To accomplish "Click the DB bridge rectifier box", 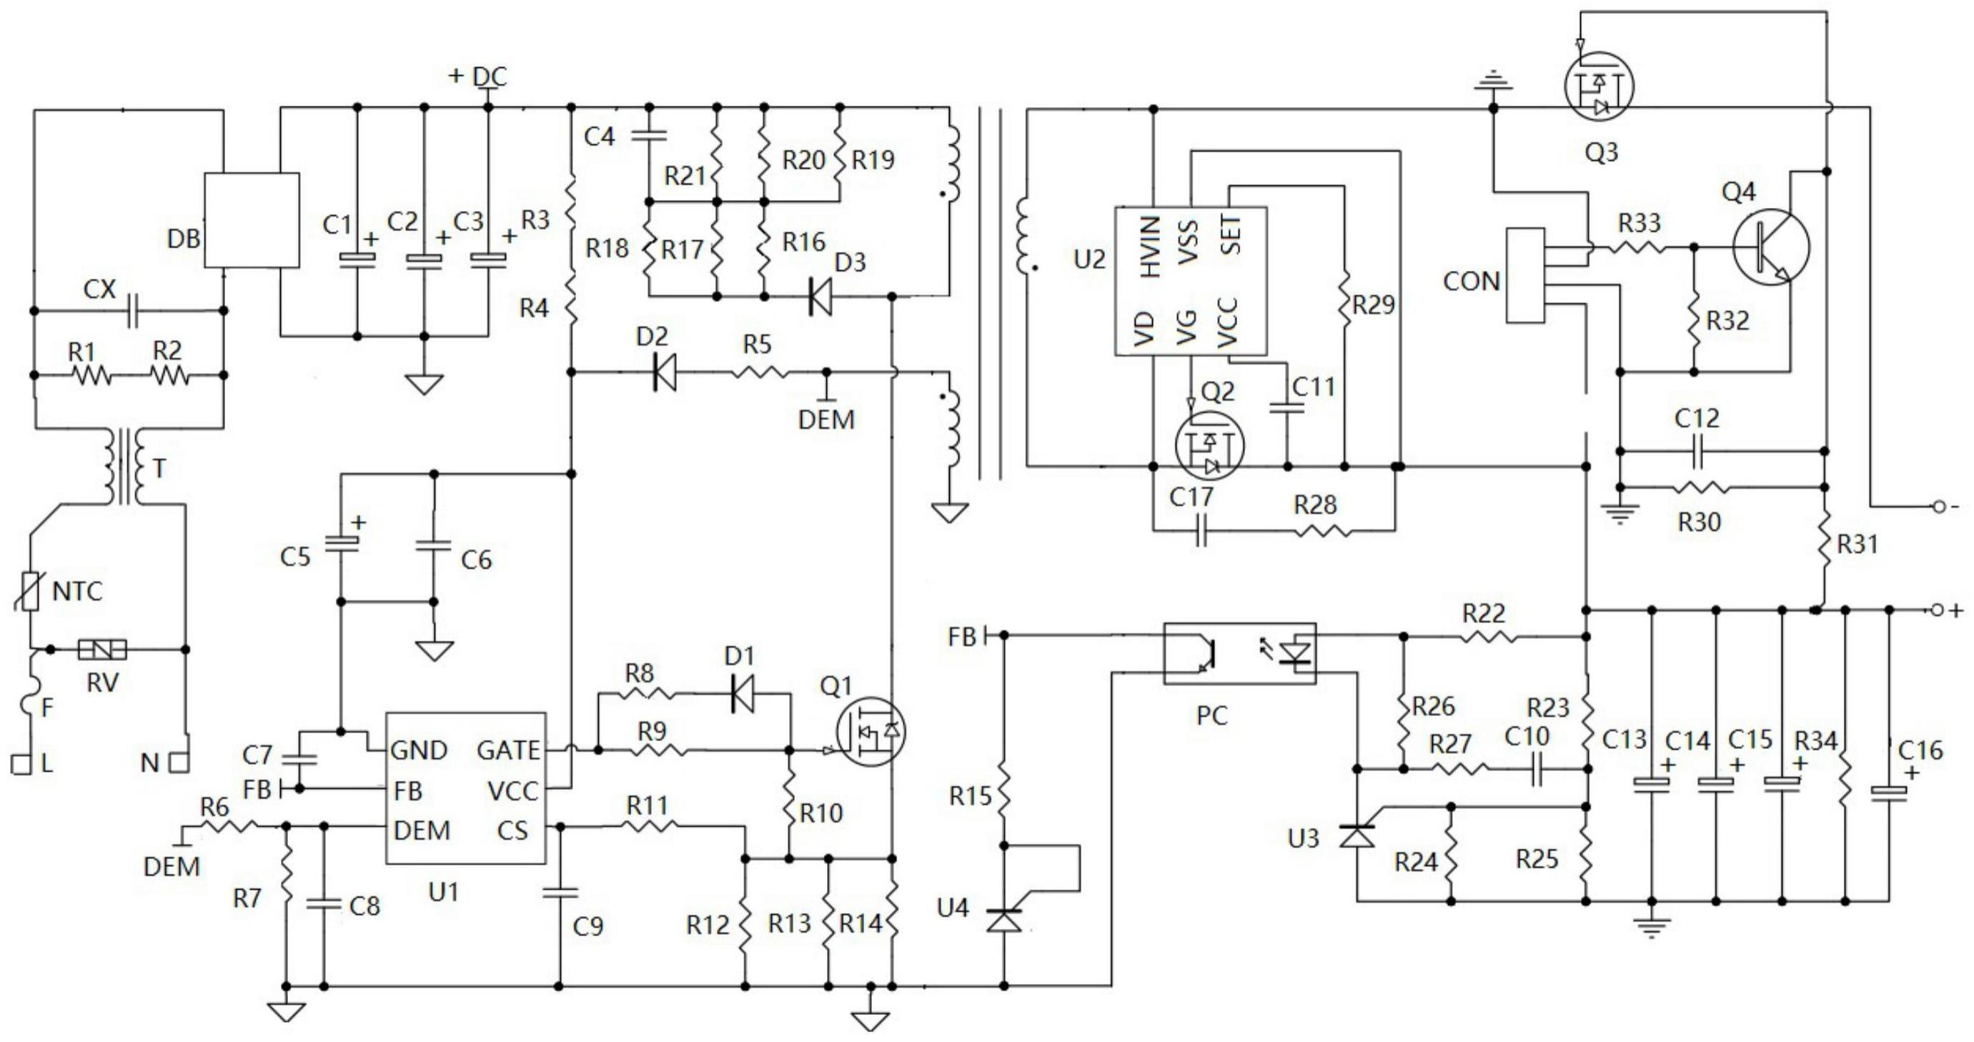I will tap(252, 220).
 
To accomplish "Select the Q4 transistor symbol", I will tap(1771, 247).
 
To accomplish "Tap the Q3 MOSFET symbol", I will tap(1598, 86).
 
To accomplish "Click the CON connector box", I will tap(1525, 275).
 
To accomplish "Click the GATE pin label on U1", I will tap(508, 750).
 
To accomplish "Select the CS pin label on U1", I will tap(512, 830).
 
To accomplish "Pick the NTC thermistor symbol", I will tap(30, 591).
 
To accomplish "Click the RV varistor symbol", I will tap(102, 650).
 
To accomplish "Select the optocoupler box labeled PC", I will tap(1239, 653).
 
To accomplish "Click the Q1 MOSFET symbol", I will tap(871, 732).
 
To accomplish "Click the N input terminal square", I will tap(179, 763).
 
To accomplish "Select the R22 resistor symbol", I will tap(1487, 637).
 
